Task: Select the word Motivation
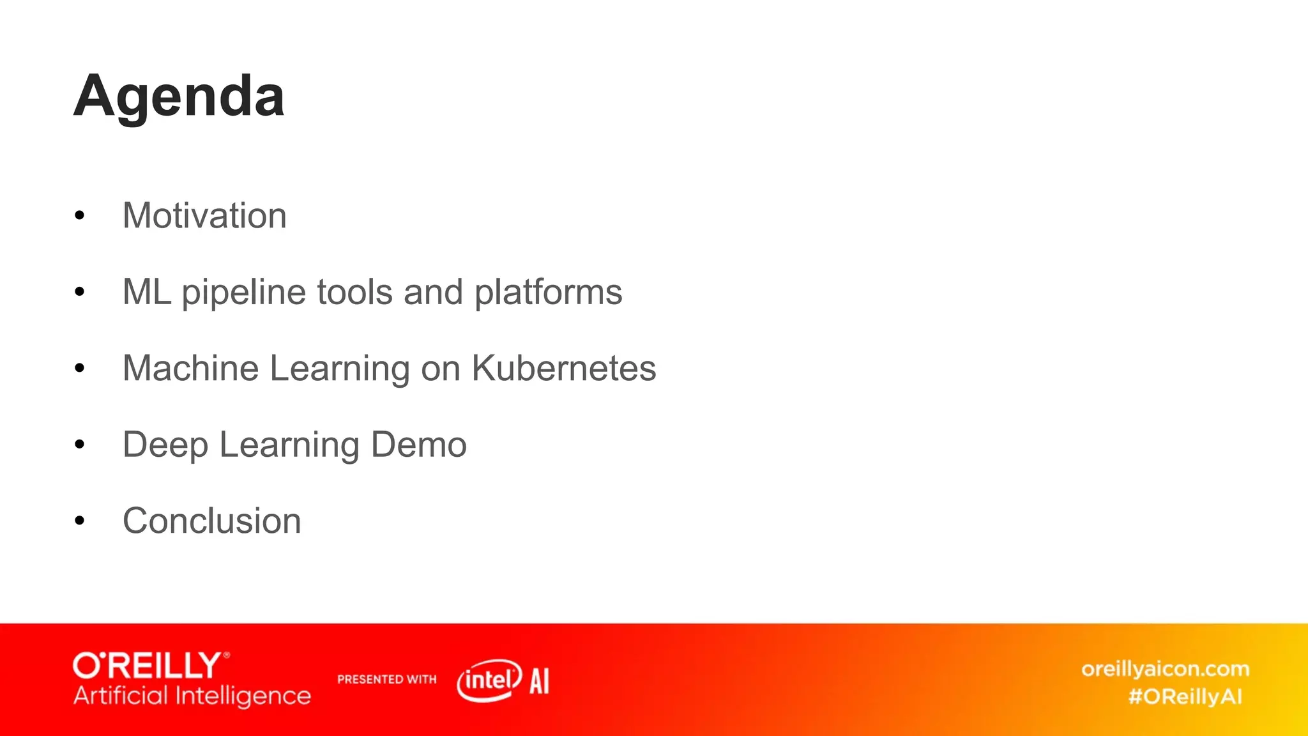point(204,215)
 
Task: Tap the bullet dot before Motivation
point(79,216)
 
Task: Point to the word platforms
point(548,293)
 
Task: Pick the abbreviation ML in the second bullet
point(146,292)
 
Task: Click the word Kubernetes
point(563,368)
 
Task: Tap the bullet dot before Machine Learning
point(79,369)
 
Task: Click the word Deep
point(165,445)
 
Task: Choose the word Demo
point(418,445)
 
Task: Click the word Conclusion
point(211,521)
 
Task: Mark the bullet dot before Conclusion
point(79,521)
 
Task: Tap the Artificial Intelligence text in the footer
point(192,696)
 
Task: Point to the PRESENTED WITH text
point(386,679)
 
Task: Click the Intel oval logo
point(489,680)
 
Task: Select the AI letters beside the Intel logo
point(539,681)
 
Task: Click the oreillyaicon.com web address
point(1165,669)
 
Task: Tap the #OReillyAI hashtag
point(1185,696)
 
